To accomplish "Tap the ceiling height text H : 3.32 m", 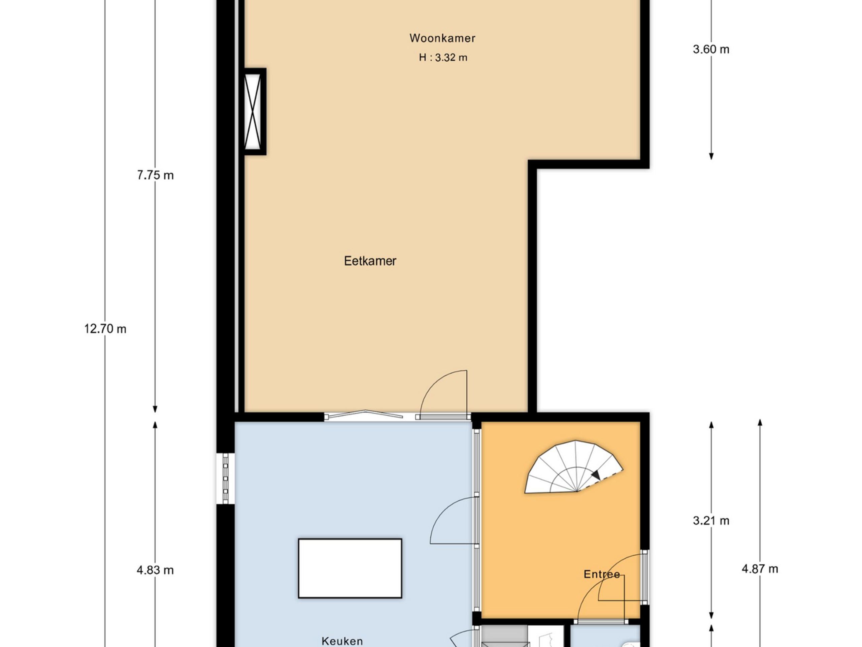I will [x=443, y=58].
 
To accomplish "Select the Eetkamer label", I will [x=370, y=261].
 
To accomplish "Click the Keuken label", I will [x=342, y=641].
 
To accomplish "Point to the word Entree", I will [x=601, y=574].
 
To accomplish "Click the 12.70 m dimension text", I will [x=105, y=329].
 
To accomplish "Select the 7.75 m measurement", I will [x=155, y=175].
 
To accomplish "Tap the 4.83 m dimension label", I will [x=155, y=570].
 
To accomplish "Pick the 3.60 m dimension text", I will [x=711, y=50].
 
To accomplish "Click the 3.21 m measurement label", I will [x=711, y=521].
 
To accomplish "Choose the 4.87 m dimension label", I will [x=760, y=569].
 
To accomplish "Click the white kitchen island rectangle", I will [x=350, y=568].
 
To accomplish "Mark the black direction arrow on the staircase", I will [x=595, y=474].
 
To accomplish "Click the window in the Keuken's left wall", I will [x=225, y=478].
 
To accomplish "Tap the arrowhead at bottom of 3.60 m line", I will [x=711, y=156].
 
